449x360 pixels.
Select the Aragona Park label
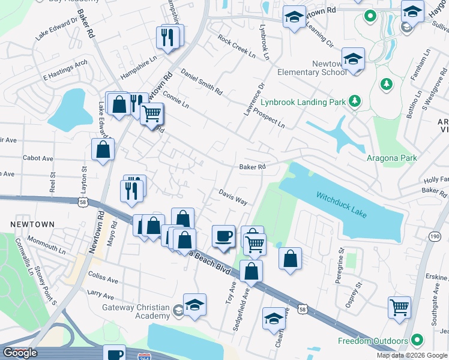[x=391, y=158]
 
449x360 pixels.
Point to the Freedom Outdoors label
[x=372, y=341]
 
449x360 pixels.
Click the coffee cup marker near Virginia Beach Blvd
[x=224, y=235]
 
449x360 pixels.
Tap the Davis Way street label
[x=233, y=197]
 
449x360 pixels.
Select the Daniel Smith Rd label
[x=201, y=82]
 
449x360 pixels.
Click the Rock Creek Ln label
[x=237, y=48]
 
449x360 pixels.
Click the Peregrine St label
[x=340, y=256]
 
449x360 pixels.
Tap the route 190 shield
[x=434, y=238]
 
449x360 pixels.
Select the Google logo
[x=19, y=353]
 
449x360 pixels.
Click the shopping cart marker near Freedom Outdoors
[x=399, y=307]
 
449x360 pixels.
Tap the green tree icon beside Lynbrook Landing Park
[x=355, y=101]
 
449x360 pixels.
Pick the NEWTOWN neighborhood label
[x=32, y=224]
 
